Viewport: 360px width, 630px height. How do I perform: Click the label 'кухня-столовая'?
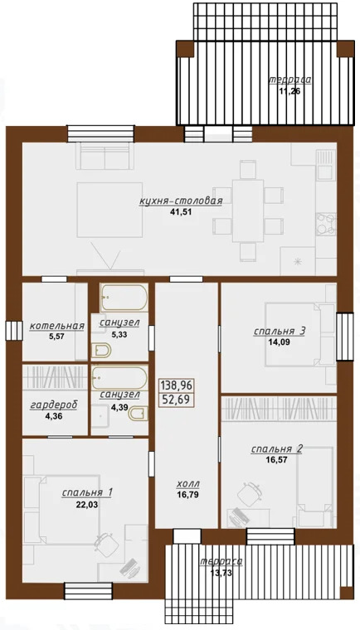[x=180, y=201]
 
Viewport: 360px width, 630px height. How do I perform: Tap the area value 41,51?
[x=181, y=211]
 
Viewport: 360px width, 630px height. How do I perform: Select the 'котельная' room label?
[x=57, y=326]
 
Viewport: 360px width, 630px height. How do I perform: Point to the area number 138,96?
[x=177, y=386]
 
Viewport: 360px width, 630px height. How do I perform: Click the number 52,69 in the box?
[x=177, y=400]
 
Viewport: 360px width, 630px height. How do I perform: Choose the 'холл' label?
[x=188, y=484]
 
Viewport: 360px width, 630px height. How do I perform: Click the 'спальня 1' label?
[x=87, y=492]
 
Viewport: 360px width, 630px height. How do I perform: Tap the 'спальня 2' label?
[x=277, y=449]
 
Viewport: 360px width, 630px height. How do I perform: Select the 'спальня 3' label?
[x=280, y=332]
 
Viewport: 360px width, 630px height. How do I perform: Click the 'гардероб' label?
[x=54, y=405]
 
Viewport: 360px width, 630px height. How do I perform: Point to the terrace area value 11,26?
[x=290, y=91]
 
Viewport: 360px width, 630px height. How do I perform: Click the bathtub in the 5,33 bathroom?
[x=124, y=298]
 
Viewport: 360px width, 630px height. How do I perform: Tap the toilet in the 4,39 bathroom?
[x=138, y=414]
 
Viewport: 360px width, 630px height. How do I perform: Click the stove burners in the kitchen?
[x=326, y=224]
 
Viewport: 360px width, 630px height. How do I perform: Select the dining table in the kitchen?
[x=248, y=211]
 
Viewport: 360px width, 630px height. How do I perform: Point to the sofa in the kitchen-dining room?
[x=105, y=156]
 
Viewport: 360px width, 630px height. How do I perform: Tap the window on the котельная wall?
[x=13, y=330]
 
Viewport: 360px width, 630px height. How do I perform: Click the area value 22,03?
[x=87, y=504]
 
